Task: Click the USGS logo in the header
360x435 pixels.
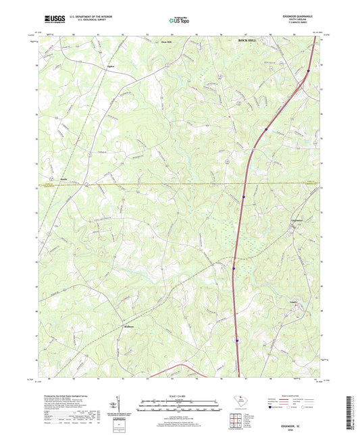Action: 53,21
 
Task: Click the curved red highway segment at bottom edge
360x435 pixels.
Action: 181,367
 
